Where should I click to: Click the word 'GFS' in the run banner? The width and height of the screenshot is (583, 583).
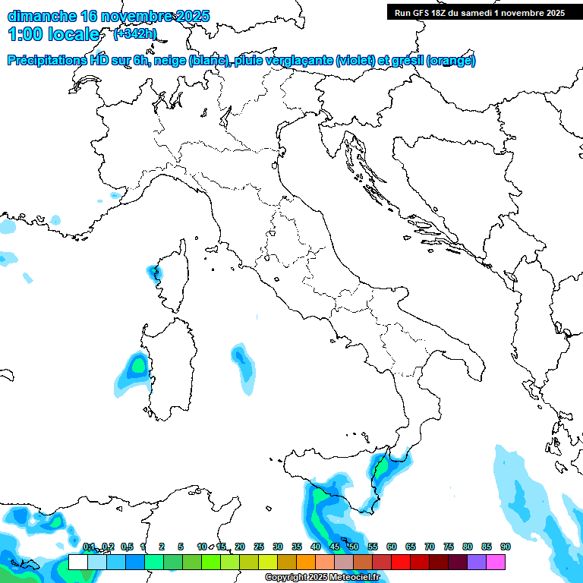424,13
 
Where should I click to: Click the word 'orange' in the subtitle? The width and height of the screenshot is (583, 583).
451,61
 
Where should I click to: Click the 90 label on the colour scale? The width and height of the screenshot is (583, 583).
505,547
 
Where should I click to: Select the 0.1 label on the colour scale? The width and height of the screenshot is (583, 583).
88,547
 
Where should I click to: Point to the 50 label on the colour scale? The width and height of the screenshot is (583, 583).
354,547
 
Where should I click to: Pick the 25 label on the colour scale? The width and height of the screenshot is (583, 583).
259,547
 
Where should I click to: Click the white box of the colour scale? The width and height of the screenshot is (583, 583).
77,562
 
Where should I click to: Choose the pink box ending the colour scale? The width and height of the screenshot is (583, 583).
496,562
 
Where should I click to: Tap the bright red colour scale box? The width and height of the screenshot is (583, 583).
401,562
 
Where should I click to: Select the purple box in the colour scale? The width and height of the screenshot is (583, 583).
477,562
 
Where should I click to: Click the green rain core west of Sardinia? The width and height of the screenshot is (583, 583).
137,366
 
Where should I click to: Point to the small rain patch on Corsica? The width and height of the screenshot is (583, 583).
157,273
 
